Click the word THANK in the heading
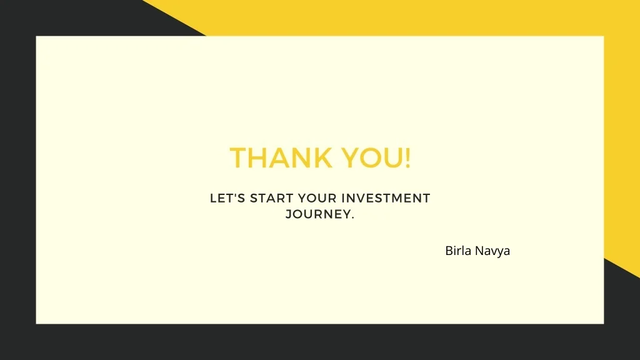[x=281, y=158]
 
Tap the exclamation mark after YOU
[x=407, y=158]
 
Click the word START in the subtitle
[x=271, y=198]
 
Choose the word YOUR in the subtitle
[x=317, y=198]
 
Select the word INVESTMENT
[x=386, y=198]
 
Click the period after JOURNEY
[x=352, y=217]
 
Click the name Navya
[x=492, y=251]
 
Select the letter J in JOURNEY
[x=289, y=214]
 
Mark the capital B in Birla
[x=449, y=251]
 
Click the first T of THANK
[x=238, y=158]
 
